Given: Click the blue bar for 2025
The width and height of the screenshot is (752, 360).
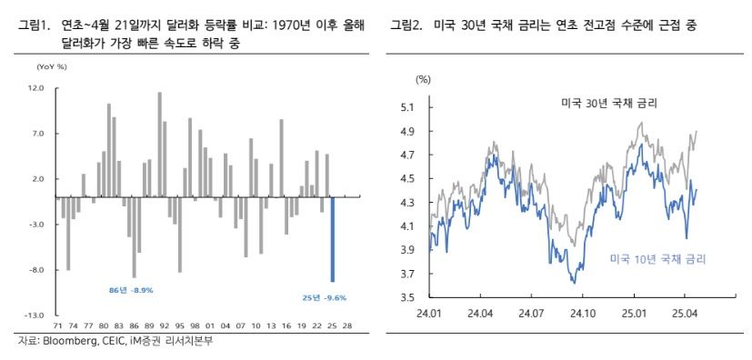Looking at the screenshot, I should (x=333, y=239).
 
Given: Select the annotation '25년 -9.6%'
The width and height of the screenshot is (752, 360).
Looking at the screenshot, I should (x=324, y=297).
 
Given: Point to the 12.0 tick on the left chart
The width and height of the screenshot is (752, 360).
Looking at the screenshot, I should (x=36, y=88).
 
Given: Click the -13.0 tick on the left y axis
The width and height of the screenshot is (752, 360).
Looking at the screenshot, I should (x=35, y=315).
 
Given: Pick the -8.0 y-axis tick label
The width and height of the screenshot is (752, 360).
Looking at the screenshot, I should (x=36, y=270).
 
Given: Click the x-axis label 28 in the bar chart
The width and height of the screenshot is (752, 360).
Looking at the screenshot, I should (x=348, y=325).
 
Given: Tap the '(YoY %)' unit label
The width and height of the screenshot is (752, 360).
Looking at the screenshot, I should (x=51, y=67).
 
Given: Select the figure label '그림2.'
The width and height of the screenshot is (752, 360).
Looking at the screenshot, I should (x=406, y=25).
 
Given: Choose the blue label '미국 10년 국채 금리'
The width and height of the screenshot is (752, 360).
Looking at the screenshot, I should (x=657, y=259).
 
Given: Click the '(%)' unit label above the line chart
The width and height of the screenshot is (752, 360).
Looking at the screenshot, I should (x=423, y=80).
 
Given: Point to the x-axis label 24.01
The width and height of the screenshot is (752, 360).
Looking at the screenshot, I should (x=428, y=313).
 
